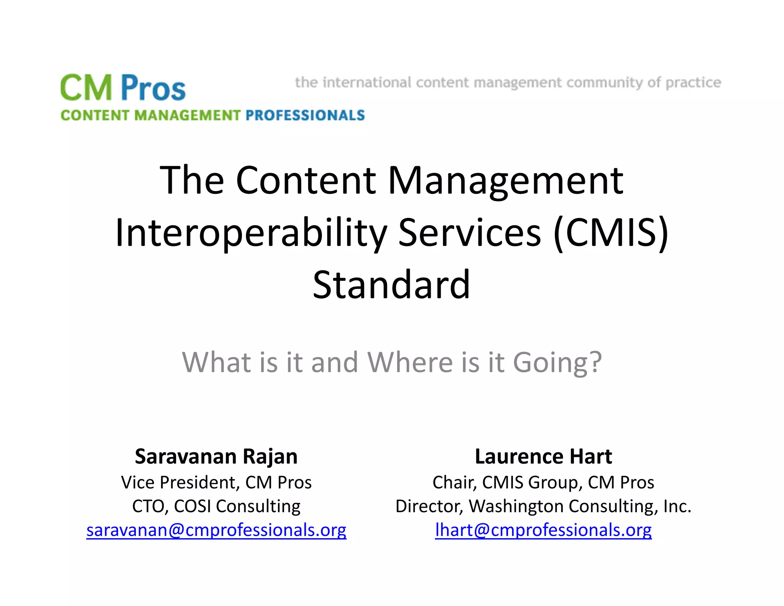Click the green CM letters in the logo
point(87,88)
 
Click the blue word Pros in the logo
point(154,88)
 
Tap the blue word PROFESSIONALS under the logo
point(305,115)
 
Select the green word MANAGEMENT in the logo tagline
point(187,115)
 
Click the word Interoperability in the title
point(251,233)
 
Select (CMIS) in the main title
point(611,233)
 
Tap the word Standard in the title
point(391,285)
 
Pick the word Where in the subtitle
point(410,362)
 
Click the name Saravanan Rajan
point(216,457)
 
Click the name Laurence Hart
point(543,457)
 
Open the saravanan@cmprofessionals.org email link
point(216,530)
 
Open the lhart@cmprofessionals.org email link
point(543,530)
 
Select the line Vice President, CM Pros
point(216,482)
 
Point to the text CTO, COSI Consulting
point(216,506)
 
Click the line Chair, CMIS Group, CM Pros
point(543,482)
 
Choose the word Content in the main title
point(306,180)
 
